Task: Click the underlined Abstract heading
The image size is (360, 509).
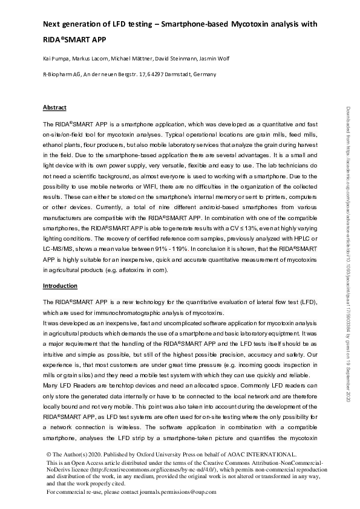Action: click(x=54, y=108)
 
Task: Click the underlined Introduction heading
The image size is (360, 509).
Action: click(x=59, y=285)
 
